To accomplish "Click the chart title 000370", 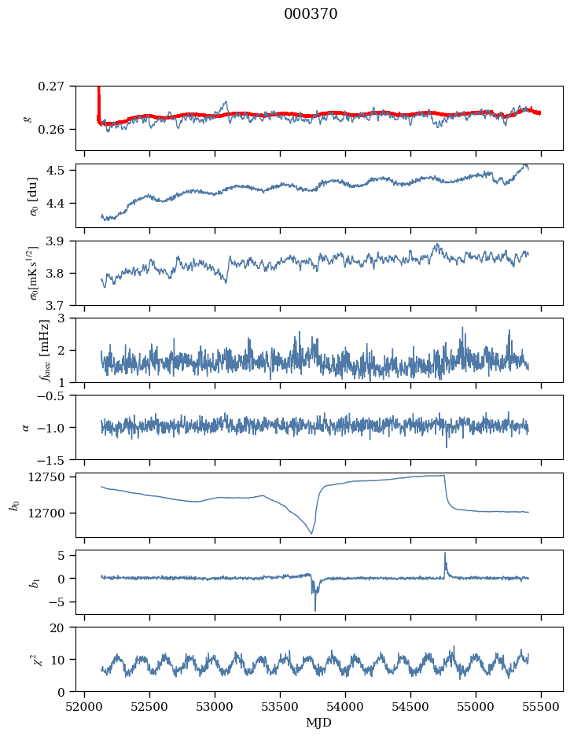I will tap(311, 14).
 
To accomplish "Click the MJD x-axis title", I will tap(319, 722).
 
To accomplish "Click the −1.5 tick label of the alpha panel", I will tap(52, 459).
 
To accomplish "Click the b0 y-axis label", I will tap(13, 505).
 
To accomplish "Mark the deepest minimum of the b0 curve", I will tap(311, 534).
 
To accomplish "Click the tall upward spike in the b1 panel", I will tap(445, 553).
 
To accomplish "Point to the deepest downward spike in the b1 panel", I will tap(315, 610).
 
